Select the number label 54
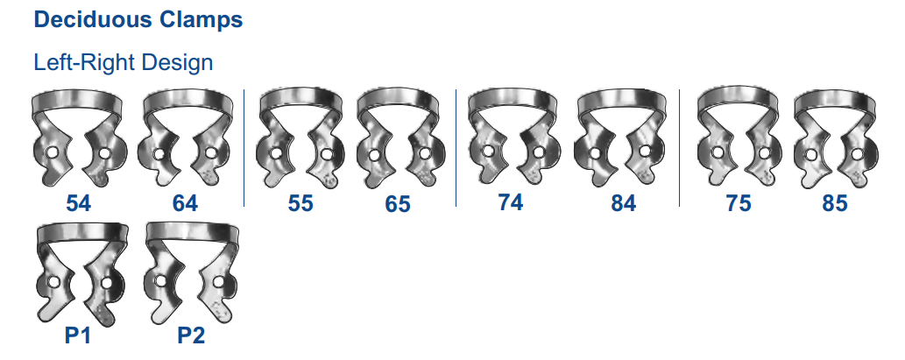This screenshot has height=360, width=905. (x=79, y=203)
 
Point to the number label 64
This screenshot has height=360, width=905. (x=185, y=203)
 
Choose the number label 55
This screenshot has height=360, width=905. (x=300, y=203)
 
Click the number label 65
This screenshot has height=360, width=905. (x=398, y=204)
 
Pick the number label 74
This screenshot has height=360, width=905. (x=510, y=202)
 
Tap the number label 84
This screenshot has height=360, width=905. (x=624, y=203)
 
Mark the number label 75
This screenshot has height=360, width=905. (x=739, y=203)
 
